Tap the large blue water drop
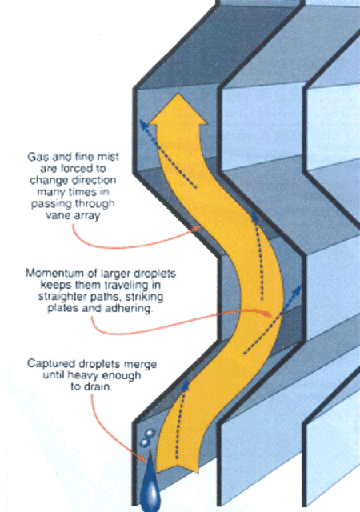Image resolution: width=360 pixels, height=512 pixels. coord(150,482)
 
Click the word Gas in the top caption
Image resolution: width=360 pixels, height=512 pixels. coord(35,157)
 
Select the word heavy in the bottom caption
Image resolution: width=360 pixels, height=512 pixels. coord(81,375)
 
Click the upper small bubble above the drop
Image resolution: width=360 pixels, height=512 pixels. coord(150,433)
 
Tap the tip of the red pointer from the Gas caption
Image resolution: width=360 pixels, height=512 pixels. coord(199,226)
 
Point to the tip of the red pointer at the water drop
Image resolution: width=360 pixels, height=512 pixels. coord(145,462)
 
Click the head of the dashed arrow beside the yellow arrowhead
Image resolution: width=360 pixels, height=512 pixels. coord(141,121)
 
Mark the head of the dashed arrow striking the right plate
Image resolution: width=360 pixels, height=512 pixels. coord(299,287)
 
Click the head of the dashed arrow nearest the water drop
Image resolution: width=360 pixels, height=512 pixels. coord(186,382)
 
